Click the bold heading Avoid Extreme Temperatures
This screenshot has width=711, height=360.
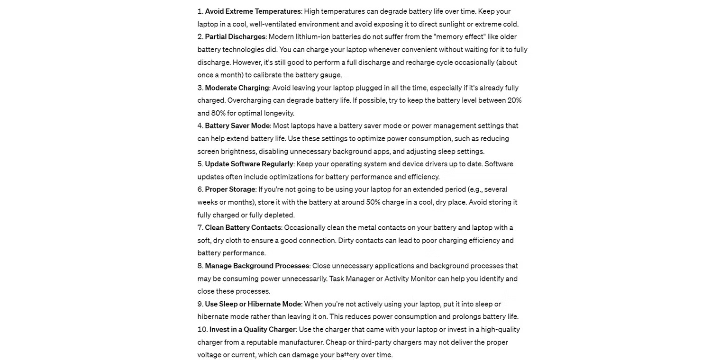pos(253,11)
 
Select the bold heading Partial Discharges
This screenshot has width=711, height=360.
pos(235,37)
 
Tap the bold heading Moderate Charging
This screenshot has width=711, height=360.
pos(237,88)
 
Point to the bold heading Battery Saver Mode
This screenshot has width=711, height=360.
pos(237,126)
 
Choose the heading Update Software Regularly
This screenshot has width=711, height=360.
pos(249,164)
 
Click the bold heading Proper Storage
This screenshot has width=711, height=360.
pos(230,189)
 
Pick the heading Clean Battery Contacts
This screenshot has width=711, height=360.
pos(243,228)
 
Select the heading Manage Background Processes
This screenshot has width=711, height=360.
pos(257,266)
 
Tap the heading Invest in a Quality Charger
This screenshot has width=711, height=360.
pos(253,330)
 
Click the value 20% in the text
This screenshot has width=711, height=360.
pos(514,100)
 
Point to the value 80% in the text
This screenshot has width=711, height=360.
pos(218,113)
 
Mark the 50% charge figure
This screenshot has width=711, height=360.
pos(373,202)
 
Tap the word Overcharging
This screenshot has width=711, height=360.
pos(249,100)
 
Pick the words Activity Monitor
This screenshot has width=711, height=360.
pos(410,279)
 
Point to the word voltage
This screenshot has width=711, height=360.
pos(210,355)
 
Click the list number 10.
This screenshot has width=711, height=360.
pos(202,330)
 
